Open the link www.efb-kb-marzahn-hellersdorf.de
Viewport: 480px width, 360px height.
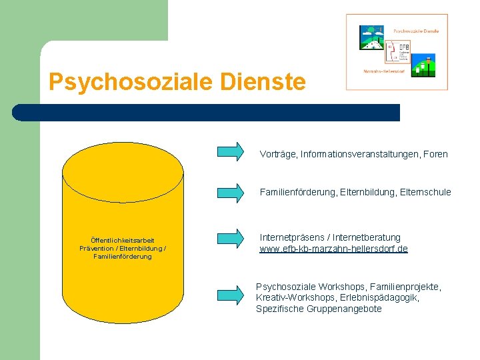coord(333,249)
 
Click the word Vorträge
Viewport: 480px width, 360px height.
coord(278,154)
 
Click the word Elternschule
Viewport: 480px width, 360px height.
coord(427,192)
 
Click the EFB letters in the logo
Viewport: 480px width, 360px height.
coord(405,47)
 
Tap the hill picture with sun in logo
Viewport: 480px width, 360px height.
coord(371,38)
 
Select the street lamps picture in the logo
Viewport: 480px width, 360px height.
coord(423,65)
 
